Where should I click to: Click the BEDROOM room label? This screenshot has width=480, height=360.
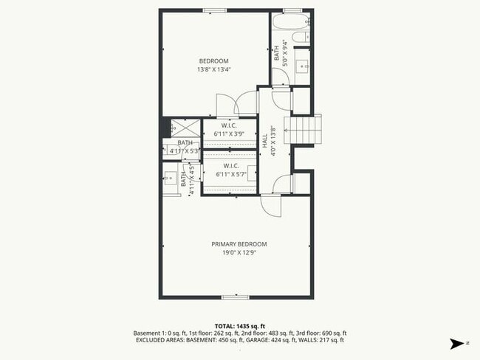tap(213, 60)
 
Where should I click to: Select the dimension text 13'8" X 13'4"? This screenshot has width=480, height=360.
tap(213, 70)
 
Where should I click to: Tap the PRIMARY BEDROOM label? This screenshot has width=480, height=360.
tap(239, 244)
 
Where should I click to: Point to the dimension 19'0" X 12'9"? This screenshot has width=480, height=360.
tap(239, 253)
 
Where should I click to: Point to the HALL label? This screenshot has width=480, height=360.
tap(264, 140)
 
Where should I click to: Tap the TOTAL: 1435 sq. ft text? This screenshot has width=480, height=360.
tap(239, 325)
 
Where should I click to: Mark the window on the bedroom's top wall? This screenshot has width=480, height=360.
tap(215, 10)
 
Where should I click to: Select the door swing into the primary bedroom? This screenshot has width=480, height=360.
tap(270, 204)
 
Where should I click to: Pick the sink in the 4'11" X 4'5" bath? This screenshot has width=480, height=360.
tap(170, 179)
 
